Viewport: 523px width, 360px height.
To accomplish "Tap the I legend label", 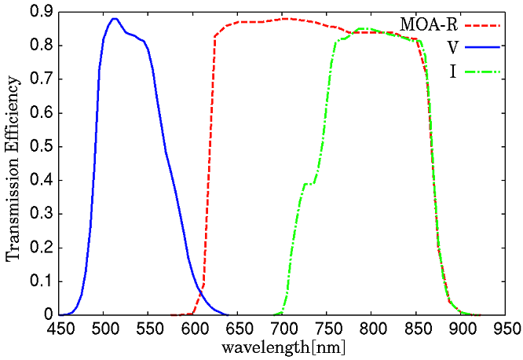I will (x=454, y=72).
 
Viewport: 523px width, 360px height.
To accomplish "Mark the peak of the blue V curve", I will (x=115, y=18).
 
